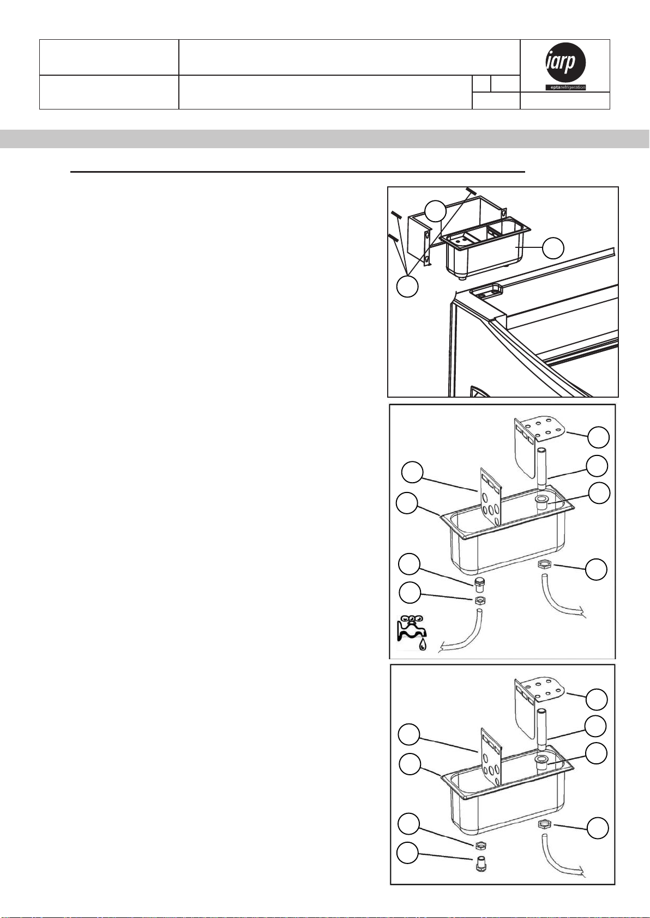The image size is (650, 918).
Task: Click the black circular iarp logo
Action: [565, 63]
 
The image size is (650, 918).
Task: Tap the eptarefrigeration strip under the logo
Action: [565, 87]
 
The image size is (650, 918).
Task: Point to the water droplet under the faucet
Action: [423, 646]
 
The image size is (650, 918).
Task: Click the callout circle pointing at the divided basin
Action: [553, 248]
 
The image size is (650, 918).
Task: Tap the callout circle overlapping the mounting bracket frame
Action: [435, 211]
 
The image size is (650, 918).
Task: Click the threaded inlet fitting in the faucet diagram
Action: [479, 585]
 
